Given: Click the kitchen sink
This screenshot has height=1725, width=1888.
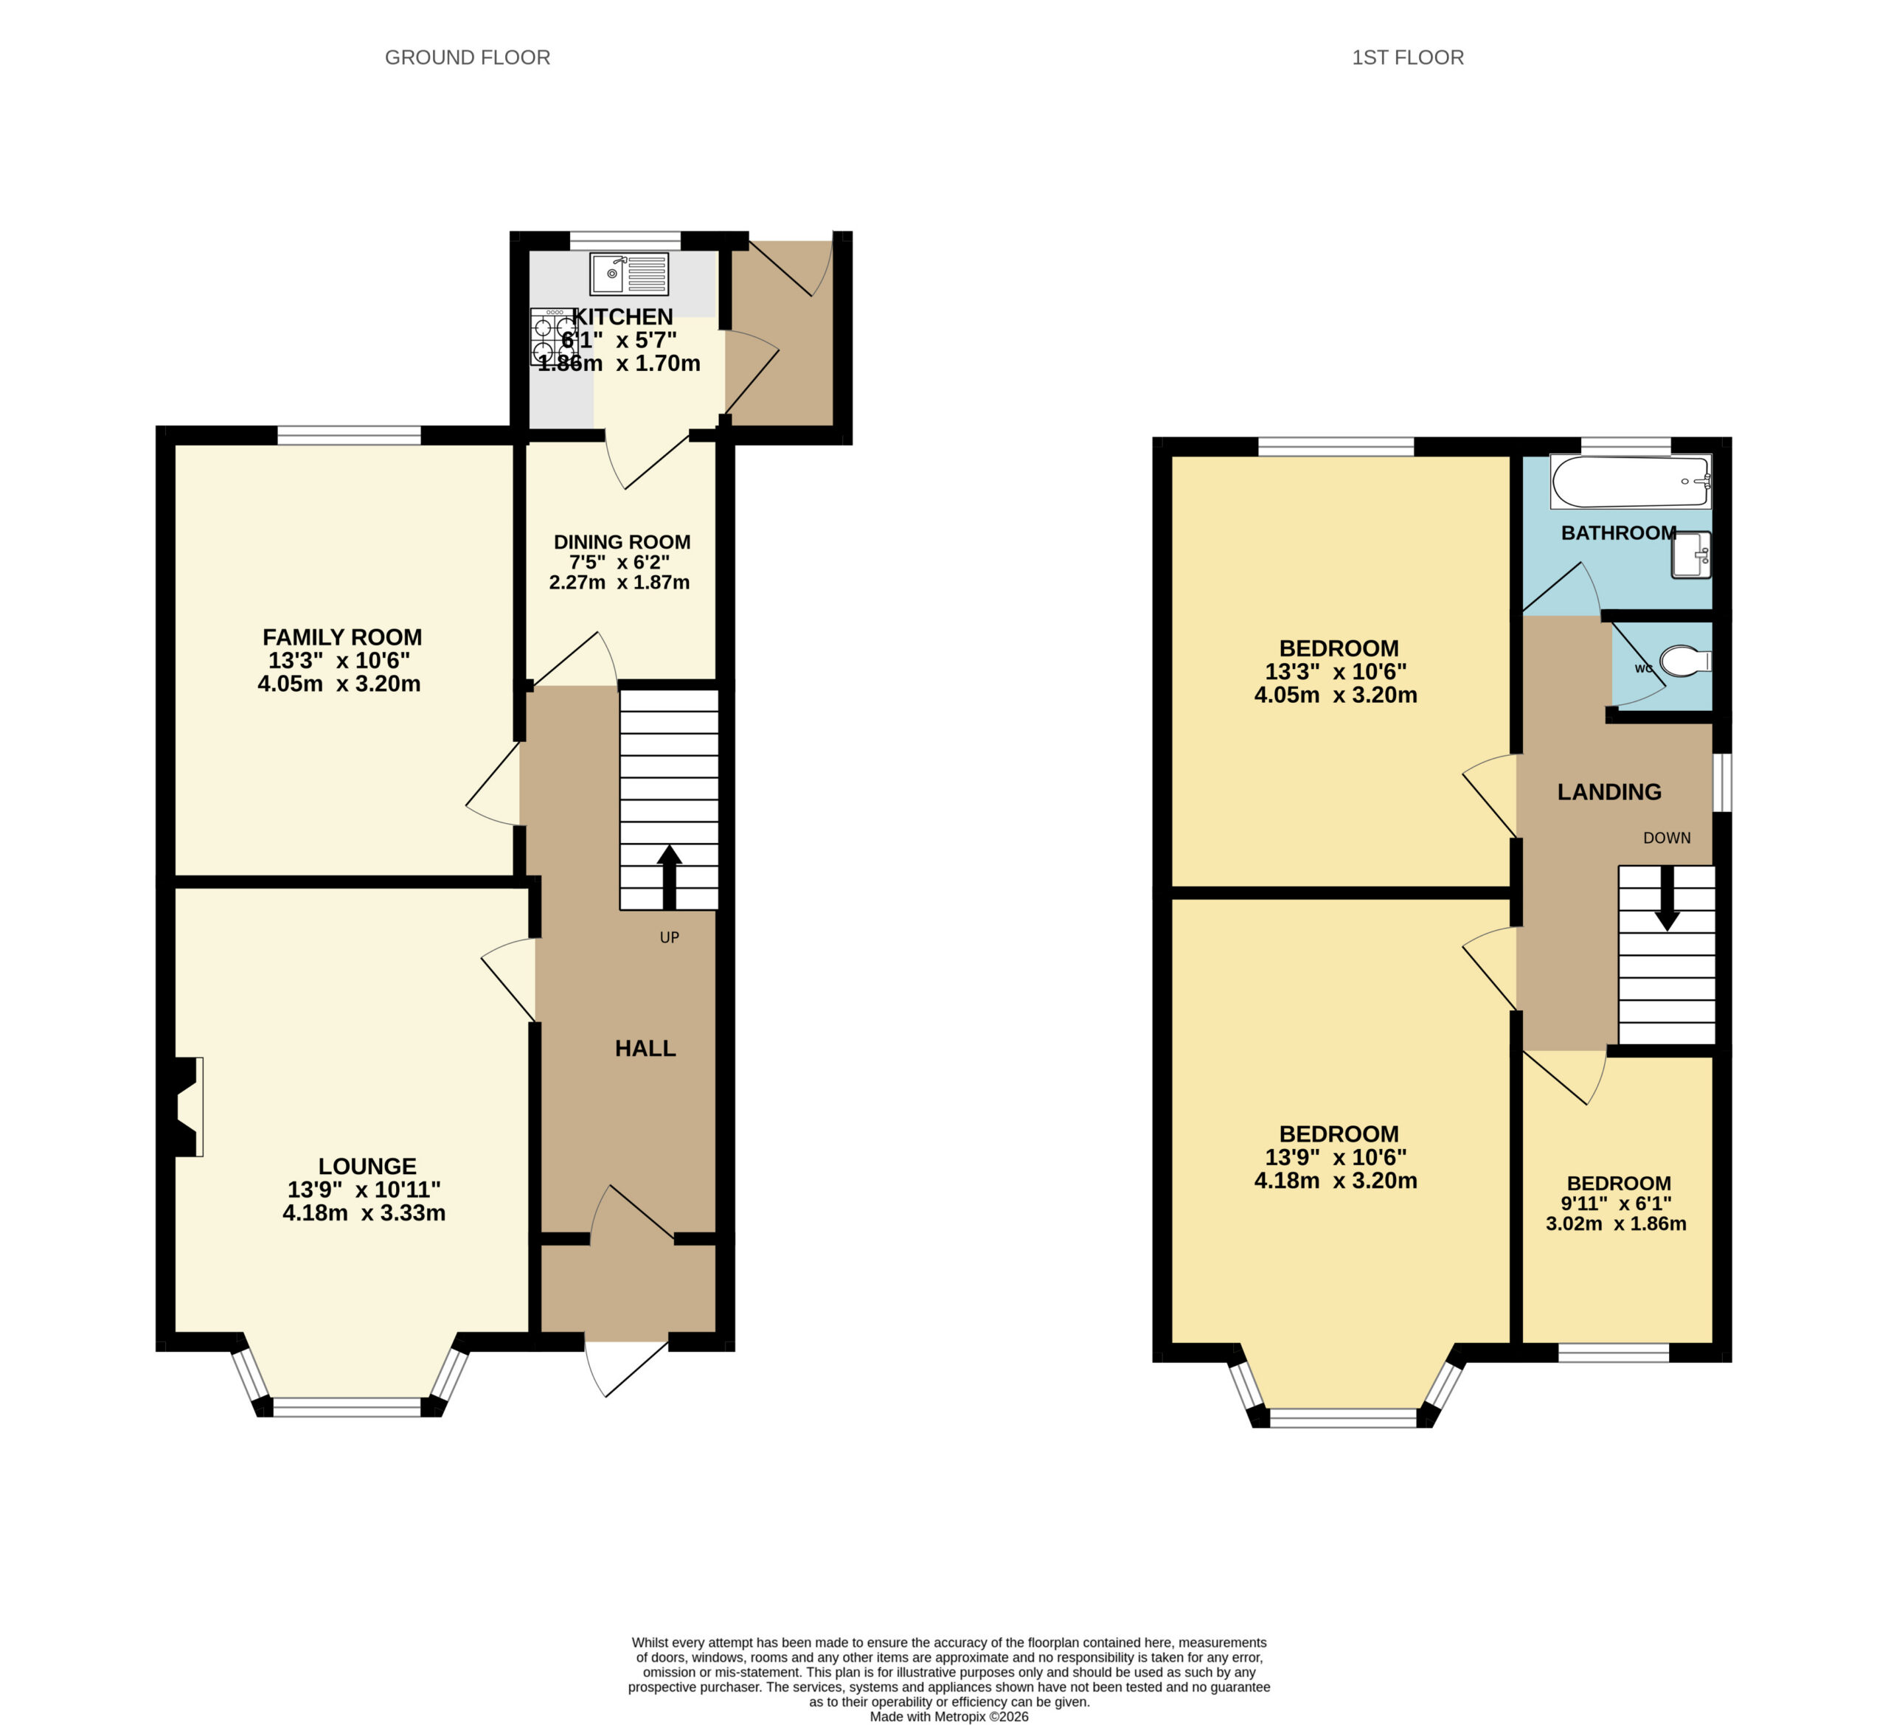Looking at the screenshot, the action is [629, 274].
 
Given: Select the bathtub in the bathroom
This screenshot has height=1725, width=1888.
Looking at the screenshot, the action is [1631, 482].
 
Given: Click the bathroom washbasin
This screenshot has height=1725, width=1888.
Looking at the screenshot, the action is [1691, 555].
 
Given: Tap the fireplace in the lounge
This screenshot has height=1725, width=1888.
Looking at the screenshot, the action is [184, 1107].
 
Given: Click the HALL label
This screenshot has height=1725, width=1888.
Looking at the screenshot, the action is [645, 1049].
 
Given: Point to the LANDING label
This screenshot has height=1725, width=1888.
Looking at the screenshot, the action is [1609, 792].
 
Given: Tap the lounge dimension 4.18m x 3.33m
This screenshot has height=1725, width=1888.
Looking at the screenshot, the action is [364, 1214].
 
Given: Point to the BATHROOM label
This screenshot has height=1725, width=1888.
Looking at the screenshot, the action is [1618, 533].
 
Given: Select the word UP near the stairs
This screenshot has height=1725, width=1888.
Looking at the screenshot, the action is [669, 937].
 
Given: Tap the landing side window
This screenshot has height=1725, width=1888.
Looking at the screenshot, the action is [1722, 782].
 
